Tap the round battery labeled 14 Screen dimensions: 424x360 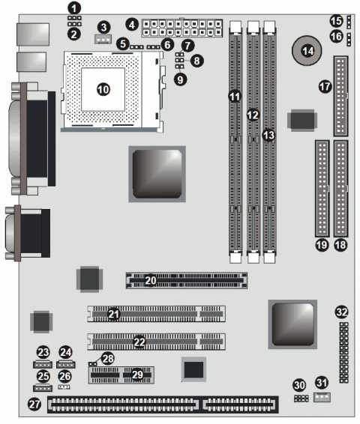pyautogui.click(x=307, y=51)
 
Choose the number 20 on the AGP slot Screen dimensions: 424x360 pyautogui.click(x=151, y=280)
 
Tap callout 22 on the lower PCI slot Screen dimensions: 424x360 pyautogui.click(x=139, y=342)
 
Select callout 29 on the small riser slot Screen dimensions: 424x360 pyautogui.click(x=136, y=374)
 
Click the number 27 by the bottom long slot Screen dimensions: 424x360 pyautogui.click(x=34, y=404)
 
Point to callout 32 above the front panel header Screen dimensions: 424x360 pyautogui.click(x=342, y=311)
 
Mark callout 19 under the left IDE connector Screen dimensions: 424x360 pyautogui.click(x=321, y=244)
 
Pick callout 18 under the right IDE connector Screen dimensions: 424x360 pyautogui.click(x=343, y=244)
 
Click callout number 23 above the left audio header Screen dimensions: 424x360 pyautogui.click(x=43, y=352)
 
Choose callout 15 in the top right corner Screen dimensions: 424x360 pyautogui.click(x=336, y=20)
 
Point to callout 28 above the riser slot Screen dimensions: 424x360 pyautogui.click(x=108, y=359)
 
